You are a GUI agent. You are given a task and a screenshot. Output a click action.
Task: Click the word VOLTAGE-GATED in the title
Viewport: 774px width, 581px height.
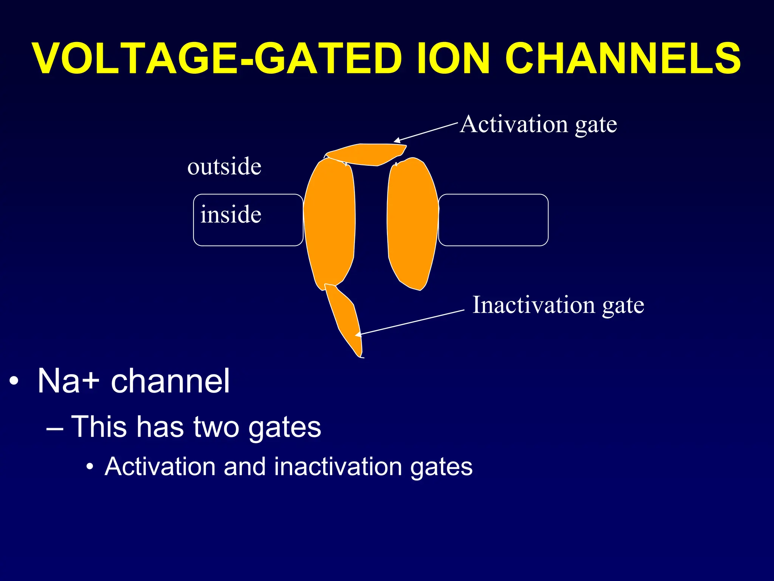pyautogui.click(x=217, y=59)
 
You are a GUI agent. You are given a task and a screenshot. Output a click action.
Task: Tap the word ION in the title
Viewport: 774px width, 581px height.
pyautogui.click(x=454, y=59)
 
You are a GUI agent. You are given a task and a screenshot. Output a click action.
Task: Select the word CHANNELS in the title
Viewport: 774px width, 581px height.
pyautogui.click(x=623, y=59)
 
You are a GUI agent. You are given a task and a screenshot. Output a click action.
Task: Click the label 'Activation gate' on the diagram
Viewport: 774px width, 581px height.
pyautogui.click(x=538, y=124)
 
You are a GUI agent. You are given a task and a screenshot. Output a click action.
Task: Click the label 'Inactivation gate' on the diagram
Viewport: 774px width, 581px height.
pyautogui.click(x=558, y=305)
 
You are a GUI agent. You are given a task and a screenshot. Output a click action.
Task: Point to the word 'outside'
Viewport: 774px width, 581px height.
pyautogui.click(x=224, y=166)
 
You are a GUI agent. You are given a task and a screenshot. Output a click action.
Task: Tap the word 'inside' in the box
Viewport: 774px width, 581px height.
pyautogui.click(x=231, y=215)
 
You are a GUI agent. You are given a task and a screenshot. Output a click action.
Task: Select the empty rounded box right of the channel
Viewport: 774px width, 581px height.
pyautogui.click(x=493, y=220)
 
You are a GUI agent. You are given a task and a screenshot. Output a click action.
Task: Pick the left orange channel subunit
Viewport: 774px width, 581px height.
pyautogui.click(x=330, y=223)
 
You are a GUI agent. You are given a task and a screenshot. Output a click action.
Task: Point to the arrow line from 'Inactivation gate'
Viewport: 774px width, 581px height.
pyautogui.click(x=412, y=322)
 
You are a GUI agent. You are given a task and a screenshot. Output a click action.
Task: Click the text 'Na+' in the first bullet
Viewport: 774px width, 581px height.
pyautogui.click(x=68, y=381)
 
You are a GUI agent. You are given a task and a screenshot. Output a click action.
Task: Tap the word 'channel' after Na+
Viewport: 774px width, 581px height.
pyautogui.click(x=170, y=381)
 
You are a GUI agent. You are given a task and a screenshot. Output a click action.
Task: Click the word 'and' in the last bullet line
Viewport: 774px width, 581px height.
pyautogui.click(x=245, y=467)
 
